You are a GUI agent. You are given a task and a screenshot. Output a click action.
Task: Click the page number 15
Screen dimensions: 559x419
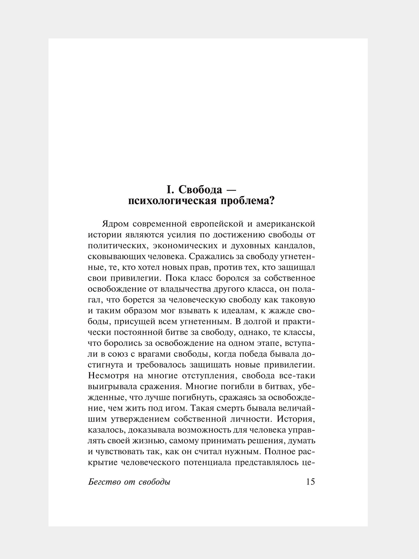(310, 482)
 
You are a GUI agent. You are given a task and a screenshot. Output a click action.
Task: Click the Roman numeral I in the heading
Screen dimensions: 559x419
(169, 190)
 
